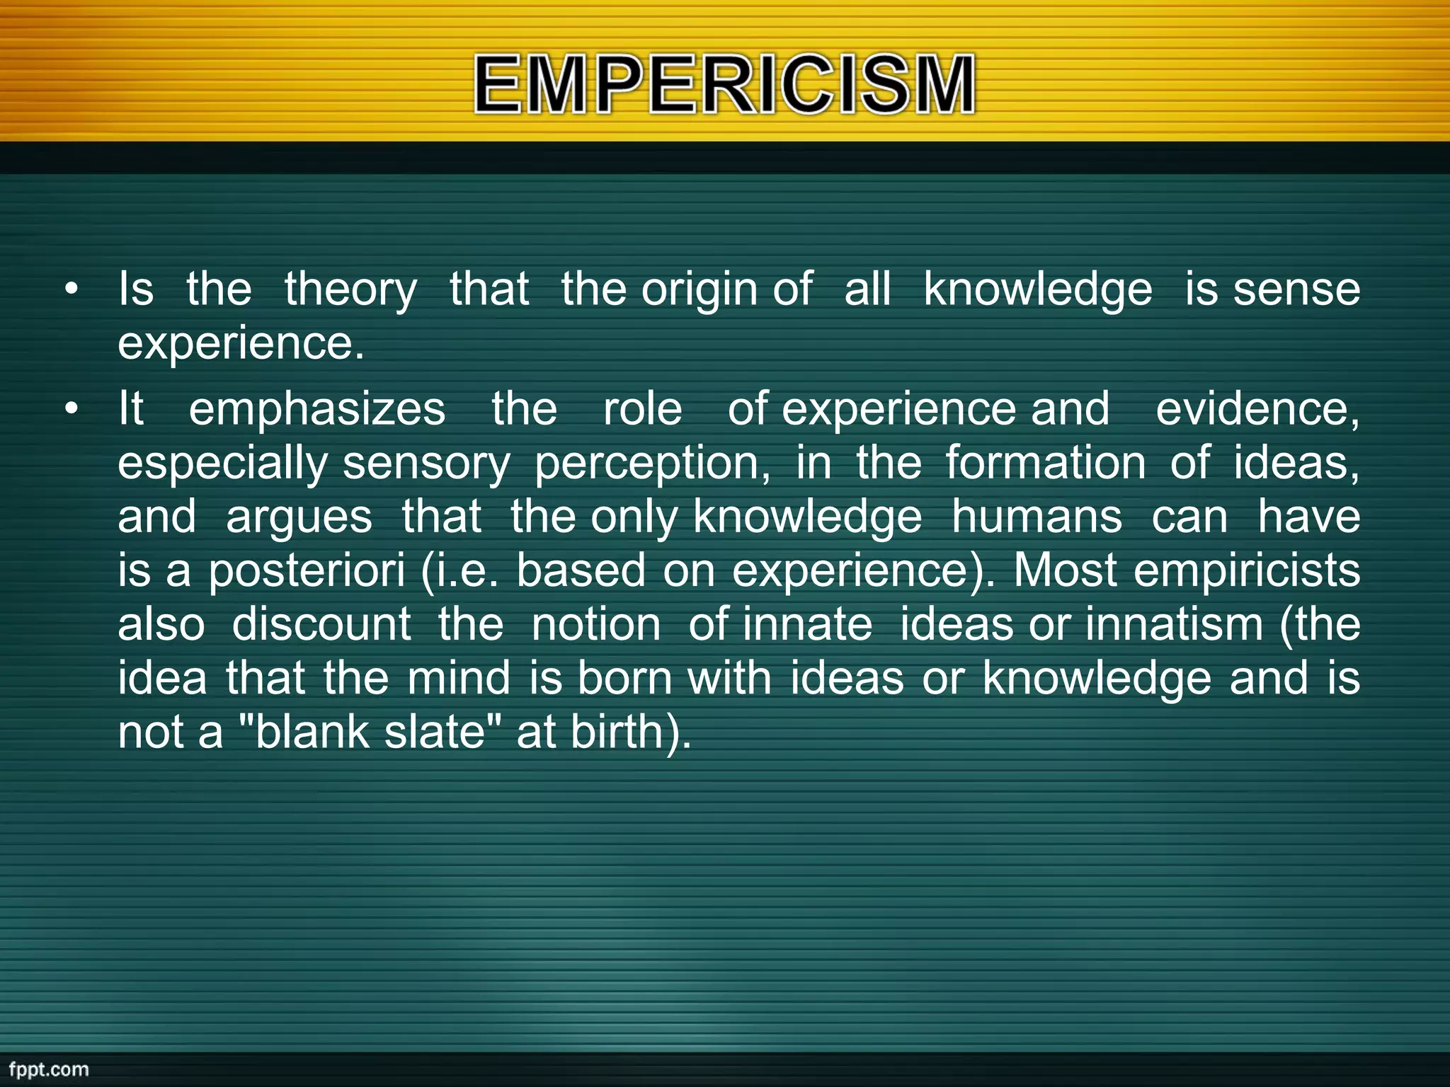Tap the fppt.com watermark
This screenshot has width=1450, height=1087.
(48, 1069)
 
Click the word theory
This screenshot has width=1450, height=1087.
(350, 291)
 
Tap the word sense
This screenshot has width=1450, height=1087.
(1296, 289)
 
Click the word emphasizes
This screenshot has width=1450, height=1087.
(316, 410)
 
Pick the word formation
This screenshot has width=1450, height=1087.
(1045, 464)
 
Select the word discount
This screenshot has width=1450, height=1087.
(321, 625)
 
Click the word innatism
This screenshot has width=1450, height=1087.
(1174, 625)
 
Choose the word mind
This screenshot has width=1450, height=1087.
(458, 679)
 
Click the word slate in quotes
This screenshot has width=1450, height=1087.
(434, 732)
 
